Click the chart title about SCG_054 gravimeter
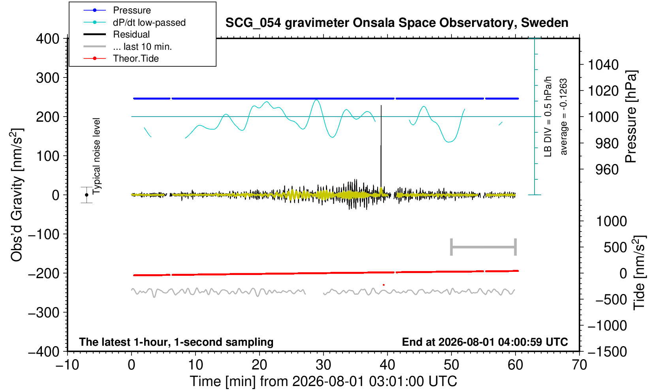pos(397,23)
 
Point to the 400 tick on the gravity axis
pos(47,39)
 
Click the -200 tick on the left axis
pos(44,273)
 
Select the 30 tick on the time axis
pos(323,365)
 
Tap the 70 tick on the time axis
pos(579,365)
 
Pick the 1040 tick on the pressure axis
pos(603,65)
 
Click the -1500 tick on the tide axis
pos(607,352)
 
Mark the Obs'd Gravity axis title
pos(17,195)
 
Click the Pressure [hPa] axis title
pos(631,117)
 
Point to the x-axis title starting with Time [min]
pos(323,381)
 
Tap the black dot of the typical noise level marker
pos(87,195)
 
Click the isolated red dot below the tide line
pos(384,285)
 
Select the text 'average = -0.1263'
pos(563,117)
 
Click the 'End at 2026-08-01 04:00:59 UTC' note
pos(485,342)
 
